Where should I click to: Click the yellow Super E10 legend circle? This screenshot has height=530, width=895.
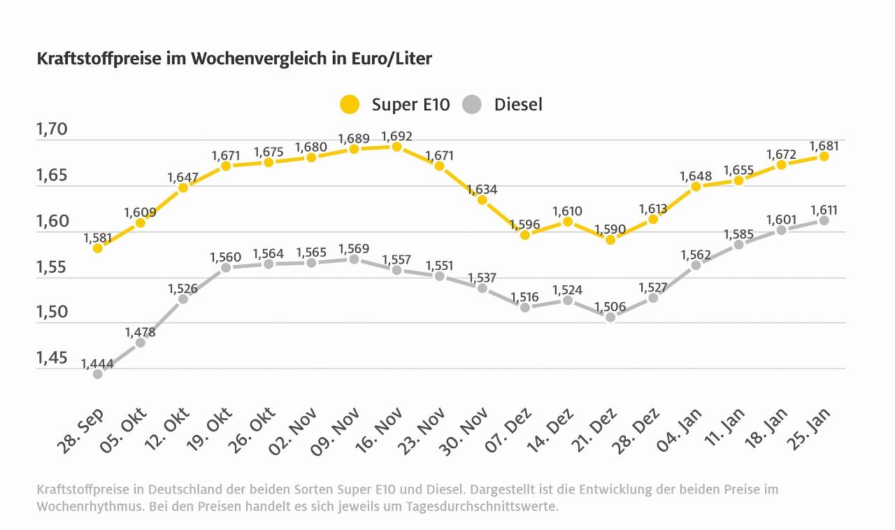(x=350, y=105)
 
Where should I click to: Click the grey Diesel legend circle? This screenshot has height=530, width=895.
(x=473, y=105)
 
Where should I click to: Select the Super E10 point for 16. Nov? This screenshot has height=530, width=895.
(x=396, y=147)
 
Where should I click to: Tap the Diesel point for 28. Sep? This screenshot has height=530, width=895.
(x=98, y=374)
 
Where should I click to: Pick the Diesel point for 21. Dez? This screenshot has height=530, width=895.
(x=610, y=317)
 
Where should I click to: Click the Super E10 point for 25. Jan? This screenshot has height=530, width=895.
(x=824, y=157)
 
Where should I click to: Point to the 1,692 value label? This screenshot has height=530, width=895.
(x=396, y=136)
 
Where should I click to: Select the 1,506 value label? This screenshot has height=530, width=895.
(x=610, y=306)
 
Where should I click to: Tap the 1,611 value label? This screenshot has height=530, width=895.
(x=824, y=210)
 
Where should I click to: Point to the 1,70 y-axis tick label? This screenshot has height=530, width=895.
(x=52, y=130)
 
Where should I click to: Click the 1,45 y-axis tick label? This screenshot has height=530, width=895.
(x=52, y=359)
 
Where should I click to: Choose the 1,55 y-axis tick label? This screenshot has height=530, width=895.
(x=52, y=267)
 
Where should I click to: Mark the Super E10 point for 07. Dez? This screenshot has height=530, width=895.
(x=524, y=235)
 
